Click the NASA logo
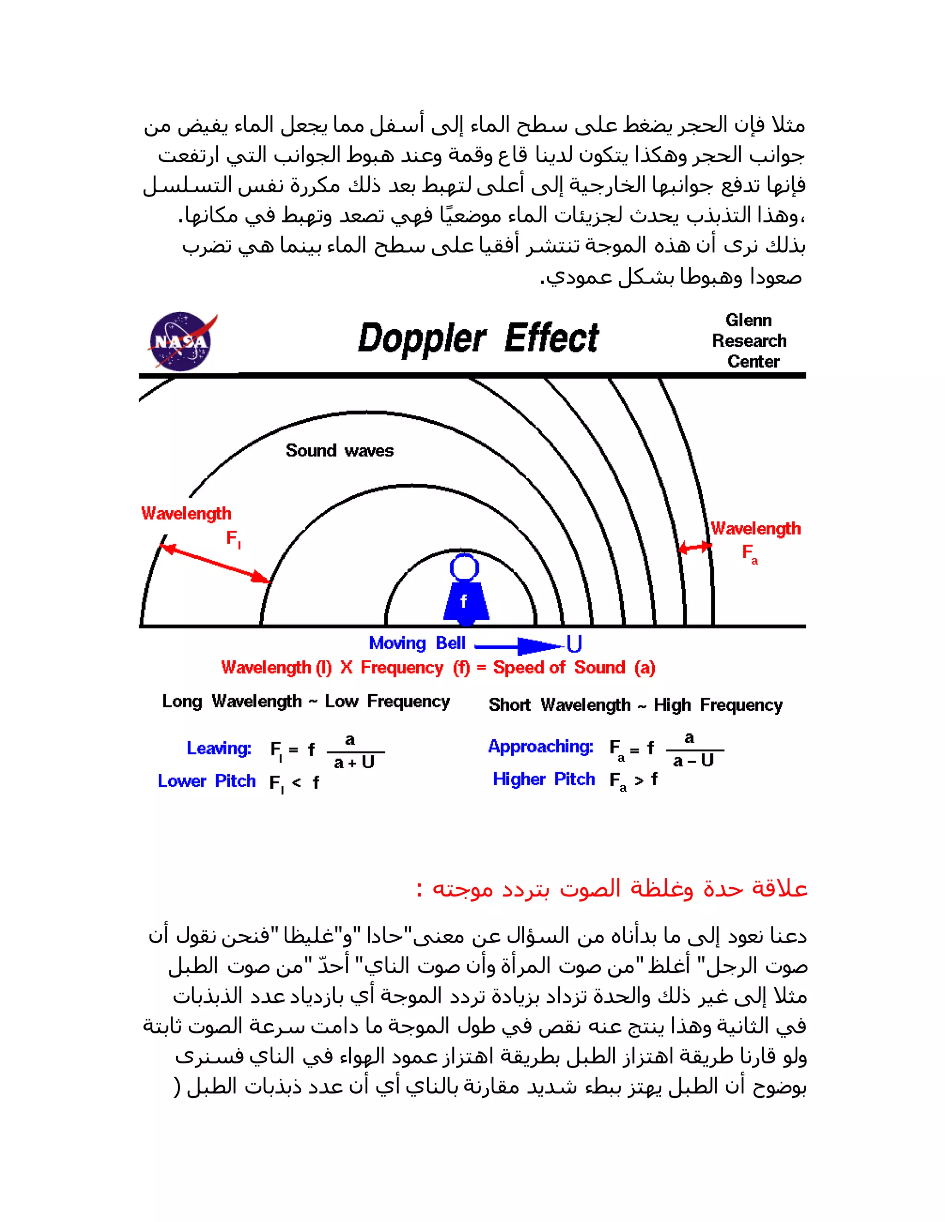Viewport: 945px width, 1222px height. (181, 341)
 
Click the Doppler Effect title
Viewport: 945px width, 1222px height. (478, 338)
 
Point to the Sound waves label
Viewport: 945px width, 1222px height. (339, 451)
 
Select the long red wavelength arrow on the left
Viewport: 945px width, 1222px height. (216, 564)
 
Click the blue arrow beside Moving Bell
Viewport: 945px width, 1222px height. (518, 646)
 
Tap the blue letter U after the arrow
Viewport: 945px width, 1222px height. (574, 644)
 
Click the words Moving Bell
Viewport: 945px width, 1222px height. (417, 643)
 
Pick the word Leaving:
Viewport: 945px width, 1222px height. (219, 748)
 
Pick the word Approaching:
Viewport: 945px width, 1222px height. (540, 747)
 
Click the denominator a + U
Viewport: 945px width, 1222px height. (354, 763)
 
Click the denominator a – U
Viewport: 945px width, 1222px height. (693, 761)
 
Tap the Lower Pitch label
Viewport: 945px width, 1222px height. (207, 781)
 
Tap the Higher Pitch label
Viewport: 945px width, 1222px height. (544, 779)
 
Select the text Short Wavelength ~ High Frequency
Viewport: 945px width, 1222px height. (635, 705)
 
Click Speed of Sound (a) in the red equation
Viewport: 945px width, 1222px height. (574, 668)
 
